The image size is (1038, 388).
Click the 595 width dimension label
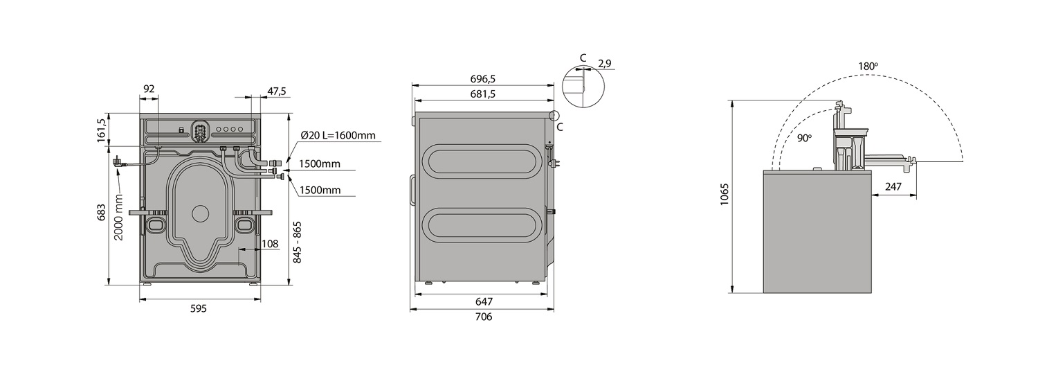199,308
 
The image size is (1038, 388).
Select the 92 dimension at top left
149,89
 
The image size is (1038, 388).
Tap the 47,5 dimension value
277,91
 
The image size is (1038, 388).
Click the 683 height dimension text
102,213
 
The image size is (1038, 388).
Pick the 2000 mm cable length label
118,217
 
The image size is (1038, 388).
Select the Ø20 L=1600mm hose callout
338,136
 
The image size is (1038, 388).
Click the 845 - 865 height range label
298,242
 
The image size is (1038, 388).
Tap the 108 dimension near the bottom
270,244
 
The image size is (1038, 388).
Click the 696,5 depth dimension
483,79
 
